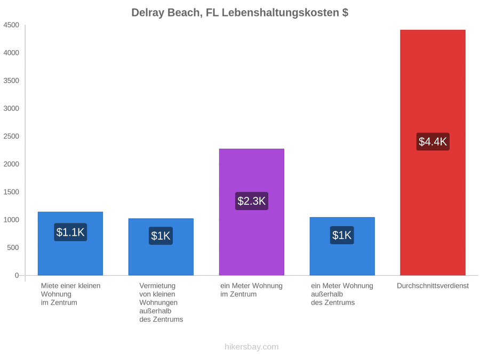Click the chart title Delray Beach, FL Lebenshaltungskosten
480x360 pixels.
click(235, 13)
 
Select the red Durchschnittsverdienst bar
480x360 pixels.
click(433, 153)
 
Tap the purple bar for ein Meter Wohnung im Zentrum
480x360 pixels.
click(251, 212)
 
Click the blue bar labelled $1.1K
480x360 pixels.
click(70, 243)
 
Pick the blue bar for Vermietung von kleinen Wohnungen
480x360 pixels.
click(161, 247)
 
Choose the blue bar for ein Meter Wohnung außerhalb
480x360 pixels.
click(342, 246)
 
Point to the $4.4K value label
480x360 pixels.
click(433, 141)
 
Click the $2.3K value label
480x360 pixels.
click(251, 201)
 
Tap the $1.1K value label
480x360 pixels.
click(70, 232)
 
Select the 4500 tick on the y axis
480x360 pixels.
click(11, 25)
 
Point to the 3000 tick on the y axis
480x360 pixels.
click(11, 108)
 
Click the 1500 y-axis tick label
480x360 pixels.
click(11, 192)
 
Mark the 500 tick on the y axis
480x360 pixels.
click(13, 247)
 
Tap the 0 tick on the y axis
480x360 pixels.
click(17, 275)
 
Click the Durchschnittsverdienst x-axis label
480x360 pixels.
click(433, 286)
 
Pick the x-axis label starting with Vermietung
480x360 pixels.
click(161, 302)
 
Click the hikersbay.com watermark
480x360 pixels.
click(251, 347)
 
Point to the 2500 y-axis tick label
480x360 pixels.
click(11, 136)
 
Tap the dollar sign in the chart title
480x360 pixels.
click(345, 13)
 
